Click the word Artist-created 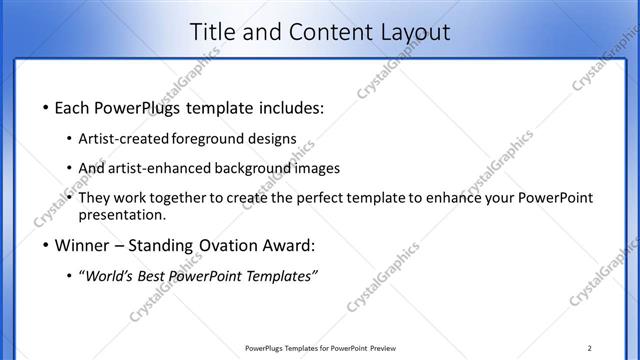point(124,138)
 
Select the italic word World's point(109,276)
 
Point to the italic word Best point(156,276)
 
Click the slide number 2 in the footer point(590,348)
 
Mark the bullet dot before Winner point(44,246)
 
